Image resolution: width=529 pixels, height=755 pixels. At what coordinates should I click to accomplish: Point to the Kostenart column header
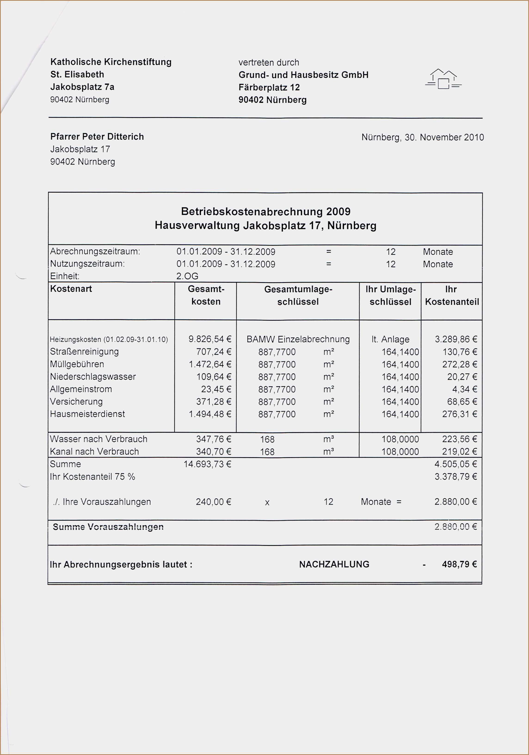[71, 289]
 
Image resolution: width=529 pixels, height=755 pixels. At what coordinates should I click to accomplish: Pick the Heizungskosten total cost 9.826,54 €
[210, 339]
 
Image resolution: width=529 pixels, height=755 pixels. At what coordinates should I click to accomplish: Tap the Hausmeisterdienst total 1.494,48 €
[210, 414]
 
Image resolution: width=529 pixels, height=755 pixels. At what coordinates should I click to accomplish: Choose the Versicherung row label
[76, 401]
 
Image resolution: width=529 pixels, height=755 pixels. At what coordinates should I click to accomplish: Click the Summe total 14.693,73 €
[207, 464]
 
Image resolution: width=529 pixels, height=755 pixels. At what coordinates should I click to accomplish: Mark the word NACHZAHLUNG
[334, 564]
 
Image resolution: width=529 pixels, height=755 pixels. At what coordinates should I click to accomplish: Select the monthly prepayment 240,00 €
[213, 502]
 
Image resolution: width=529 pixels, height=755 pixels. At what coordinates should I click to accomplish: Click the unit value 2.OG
[187, 276]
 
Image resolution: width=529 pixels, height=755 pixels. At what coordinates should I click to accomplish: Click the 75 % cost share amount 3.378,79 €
[456, 477]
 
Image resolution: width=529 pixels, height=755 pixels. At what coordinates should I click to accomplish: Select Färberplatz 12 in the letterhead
[269, 87]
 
